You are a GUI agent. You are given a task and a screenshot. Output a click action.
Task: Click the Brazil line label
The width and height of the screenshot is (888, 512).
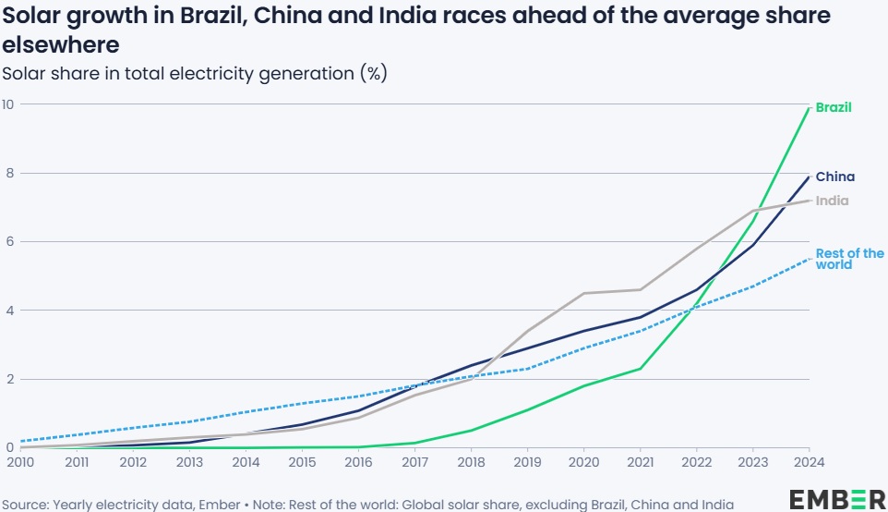[834, 107]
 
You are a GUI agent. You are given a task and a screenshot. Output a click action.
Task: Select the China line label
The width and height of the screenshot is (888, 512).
[834, 177]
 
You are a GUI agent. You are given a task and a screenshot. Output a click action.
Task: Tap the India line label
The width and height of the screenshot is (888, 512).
[832, 201]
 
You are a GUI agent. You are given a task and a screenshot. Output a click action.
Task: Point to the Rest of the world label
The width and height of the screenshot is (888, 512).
[849, 259]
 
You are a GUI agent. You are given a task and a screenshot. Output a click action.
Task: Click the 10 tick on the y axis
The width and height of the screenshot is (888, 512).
[7, 104]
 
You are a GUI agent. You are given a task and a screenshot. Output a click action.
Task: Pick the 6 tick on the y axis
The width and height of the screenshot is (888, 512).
[7, 241]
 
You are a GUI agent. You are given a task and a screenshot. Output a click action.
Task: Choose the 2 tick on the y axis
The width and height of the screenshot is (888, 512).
[7, 379]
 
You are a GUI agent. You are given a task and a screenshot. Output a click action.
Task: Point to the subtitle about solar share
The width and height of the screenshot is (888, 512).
[195, 74]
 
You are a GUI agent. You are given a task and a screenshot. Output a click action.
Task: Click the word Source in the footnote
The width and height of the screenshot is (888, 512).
[25, 504]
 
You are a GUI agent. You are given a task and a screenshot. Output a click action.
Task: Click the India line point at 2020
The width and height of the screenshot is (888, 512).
[584, 293]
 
